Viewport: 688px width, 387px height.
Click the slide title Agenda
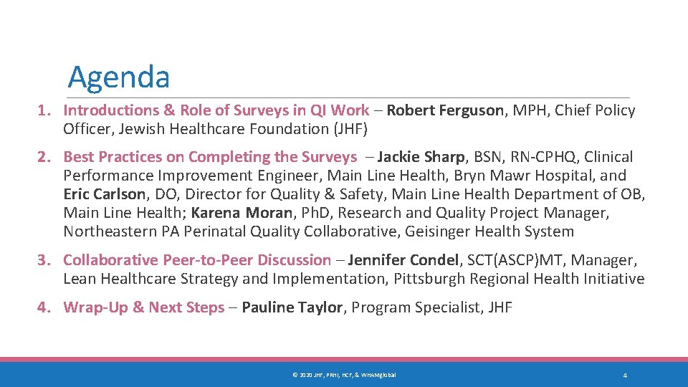point(118,77)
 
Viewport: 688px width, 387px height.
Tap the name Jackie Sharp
point(421,157)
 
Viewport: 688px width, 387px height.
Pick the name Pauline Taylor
point(292,307)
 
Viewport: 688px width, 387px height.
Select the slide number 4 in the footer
point(625,376)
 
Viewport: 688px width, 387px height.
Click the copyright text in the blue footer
point(343,376)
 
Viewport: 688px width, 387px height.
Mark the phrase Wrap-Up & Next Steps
point(144,307)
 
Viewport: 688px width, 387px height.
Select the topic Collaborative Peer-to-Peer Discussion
point(197,260)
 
